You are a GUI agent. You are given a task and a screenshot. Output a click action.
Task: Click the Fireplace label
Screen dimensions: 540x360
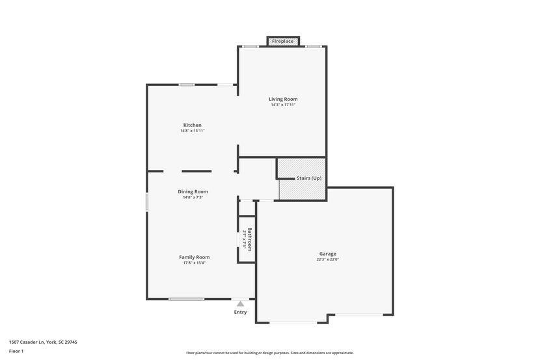tap(283, 42)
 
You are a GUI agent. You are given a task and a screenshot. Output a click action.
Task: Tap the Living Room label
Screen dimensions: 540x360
tap(283, 99)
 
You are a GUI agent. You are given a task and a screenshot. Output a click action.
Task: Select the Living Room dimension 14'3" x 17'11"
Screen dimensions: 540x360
tap(283, 105)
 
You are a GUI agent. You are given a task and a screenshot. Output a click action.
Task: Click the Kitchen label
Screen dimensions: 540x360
tap(192, 125)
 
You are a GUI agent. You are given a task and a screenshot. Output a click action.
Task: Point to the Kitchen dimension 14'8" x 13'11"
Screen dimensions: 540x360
tap(192, 131)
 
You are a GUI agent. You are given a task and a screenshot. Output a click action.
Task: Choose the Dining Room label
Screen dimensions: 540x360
tap(193, 191)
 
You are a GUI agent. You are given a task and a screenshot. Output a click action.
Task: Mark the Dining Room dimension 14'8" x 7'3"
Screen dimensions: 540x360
tap(193, 197)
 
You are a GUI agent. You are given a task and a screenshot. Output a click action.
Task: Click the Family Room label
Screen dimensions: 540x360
tap(195, 257)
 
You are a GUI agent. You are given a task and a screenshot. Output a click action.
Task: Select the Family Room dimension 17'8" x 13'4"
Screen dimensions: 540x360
tap(195, 263)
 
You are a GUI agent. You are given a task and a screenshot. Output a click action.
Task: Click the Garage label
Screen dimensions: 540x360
tap(327, 254)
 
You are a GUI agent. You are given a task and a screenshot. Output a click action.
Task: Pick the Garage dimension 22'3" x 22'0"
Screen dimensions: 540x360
tap(327, 259)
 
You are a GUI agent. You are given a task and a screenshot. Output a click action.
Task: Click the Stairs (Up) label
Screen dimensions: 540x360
tap(309, 178)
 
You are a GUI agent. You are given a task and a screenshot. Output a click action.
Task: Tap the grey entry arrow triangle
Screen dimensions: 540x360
tap(240, 304)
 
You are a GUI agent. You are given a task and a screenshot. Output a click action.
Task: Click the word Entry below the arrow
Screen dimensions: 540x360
tap(240, 312)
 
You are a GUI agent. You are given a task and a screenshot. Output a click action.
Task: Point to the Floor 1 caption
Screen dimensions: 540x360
tap(16, 352)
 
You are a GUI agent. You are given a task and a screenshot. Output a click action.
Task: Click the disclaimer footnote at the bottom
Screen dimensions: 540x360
tap(269, 353)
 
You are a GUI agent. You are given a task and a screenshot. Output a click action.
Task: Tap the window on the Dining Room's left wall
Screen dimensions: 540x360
tap(146, 202)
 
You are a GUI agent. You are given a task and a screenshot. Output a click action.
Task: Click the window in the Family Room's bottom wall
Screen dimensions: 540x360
tap(186, 299)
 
